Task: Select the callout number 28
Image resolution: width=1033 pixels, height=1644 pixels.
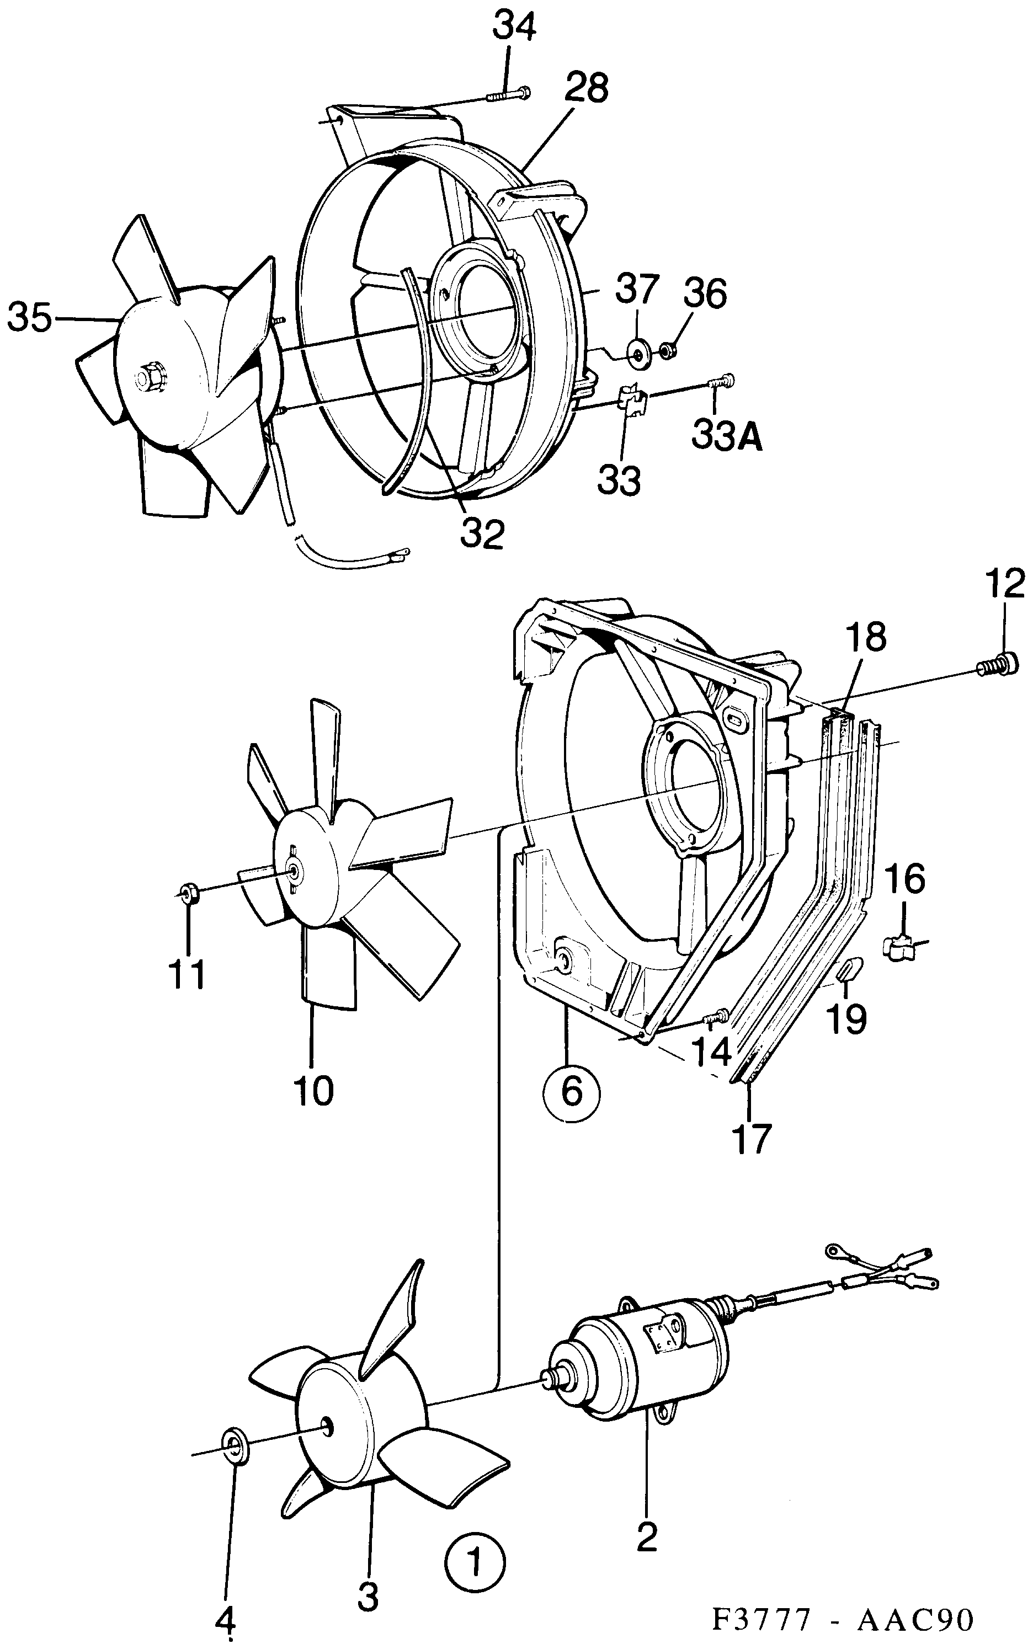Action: click(x=586, y=89)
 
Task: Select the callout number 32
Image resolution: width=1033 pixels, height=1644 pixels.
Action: click(x=482, y=533)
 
